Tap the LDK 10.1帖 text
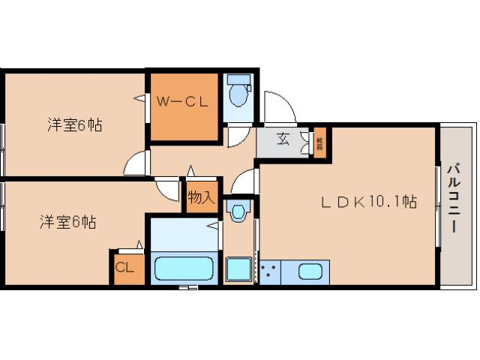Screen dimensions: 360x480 (369, 201)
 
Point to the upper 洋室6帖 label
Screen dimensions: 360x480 (74, 124)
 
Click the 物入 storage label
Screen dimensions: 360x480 (202, 199)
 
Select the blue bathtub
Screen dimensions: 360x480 (184, 268)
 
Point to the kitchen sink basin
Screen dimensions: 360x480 (310, 271)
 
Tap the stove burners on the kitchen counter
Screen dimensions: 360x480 (270, 271)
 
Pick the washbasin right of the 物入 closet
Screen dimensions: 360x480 (238, 212)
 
